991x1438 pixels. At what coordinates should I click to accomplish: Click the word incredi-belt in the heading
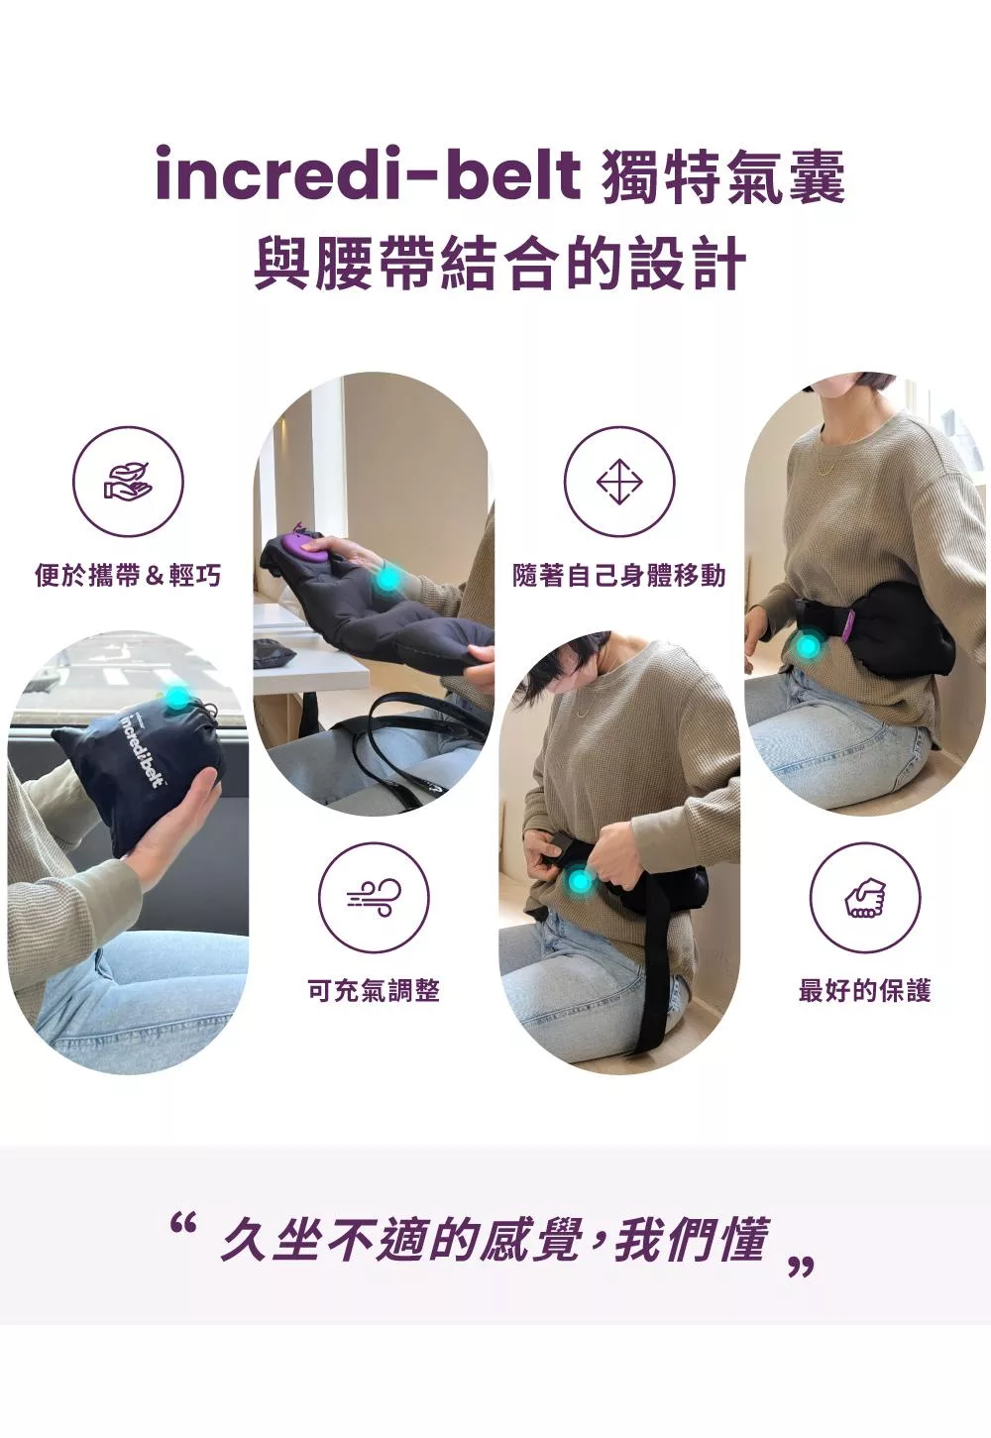pos(368,174)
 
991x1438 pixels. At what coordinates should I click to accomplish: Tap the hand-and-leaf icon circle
pos(128,482)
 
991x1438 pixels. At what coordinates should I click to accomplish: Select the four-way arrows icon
pos(619,482)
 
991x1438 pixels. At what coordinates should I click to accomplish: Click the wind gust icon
pos(375,898)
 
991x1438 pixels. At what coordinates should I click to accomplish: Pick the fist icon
pos(864,898)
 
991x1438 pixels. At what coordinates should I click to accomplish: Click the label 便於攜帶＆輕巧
pos(128,575)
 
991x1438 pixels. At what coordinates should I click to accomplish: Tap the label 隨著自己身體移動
pos(619,575)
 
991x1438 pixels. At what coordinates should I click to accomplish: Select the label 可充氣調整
pos(375,991)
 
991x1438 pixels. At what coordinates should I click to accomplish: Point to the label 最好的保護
pos(864,991)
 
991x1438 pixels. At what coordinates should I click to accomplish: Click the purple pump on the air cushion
pos(307,546)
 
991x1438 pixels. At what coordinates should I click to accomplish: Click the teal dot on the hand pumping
pos(387,579)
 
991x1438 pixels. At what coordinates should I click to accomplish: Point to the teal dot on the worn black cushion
pos(808,647)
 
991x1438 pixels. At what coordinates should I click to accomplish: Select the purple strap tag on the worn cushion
pos(849,626)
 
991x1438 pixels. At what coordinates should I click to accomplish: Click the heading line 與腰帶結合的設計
pos(500,265)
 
